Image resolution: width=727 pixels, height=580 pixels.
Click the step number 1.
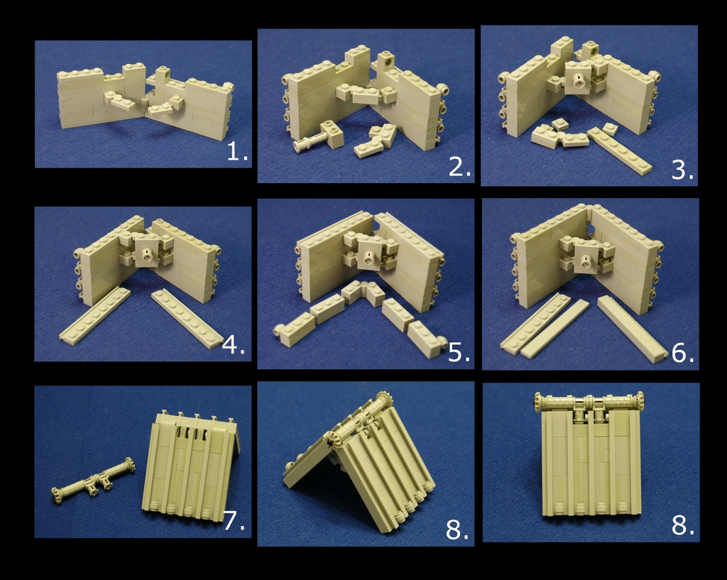237,152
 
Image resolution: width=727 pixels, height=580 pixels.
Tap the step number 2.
459,168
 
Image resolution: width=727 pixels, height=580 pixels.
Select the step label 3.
682,170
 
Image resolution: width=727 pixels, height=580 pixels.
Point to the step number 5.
459,353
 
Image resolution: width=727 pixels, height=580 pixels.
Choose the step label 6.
682,354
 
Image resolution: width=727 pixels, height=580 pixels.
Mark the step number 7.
234,521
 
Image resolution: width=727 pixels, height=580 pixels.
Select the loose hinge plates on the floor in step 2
376,141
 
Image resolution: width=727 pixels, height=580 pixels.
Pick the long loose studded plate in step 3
619,151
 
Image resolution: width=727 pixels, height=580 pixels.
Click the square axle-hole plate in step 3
579,78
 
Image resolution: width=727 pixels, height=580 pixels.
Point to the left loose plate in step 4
95,315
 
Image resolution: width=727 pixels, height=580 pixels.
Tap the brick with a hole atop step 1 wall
163,74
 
